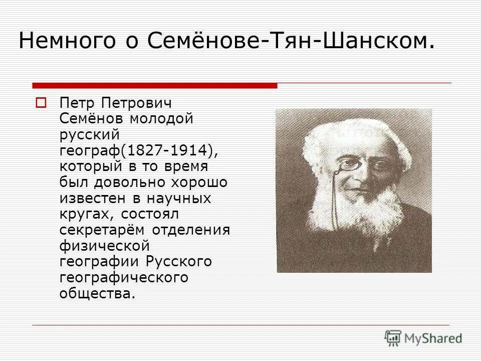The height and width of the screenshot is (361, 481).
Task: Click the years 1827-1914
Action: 170,151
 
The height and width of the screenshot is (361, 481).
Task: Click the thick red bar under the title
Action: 154,85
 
